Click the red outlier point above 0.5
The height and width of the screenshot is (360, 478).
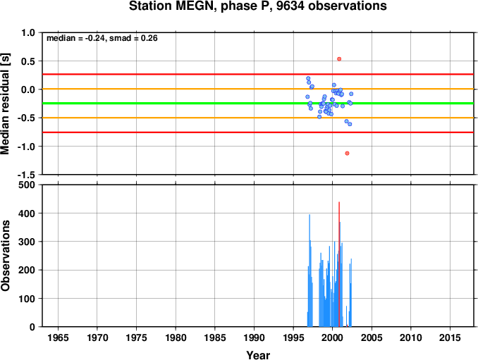(339, 59)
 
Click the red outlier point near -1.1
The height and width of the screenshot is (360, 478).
(347, 153)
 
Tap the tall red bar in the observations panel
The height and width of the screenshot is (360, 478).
(339, 264)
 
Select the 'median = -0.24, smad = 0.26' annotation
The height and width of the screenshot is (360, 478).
(102, 38)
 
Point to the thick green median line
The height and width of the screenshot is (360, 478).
(258, 104)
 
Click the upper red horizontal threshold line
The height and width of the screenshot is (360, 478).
(258, 74)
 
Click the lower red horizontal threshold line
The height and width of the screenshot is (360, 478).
(258, 132)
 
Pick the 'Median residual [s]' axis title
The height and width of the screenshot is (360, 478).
(5, 104)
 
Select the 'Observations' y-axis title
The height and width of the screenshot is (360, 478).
(5, 256)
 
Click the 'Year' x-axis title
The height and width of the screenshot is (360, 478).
(258, 355)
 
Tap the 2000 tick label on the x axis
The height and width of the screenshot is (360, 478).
(332, 337)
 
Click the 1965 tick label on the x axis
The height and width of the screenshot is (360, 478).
(58, 337)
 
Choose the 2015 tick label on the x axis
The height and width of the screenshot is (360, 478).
(450, 337)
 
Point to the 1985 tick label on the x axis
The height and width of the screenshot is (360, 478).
(215, 337)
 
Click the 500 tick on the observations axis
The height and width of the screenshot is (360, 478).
(27, 185)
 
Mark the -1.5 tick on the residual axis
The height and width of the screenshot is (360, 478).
(26, 175)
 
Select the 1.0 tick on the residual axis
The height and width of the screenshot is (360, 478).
(28, 32)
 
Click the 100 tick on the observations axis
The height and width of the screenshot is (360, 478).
(27, 299)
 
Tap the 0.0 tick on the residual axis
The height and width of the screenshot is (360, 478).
(28, 89)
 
